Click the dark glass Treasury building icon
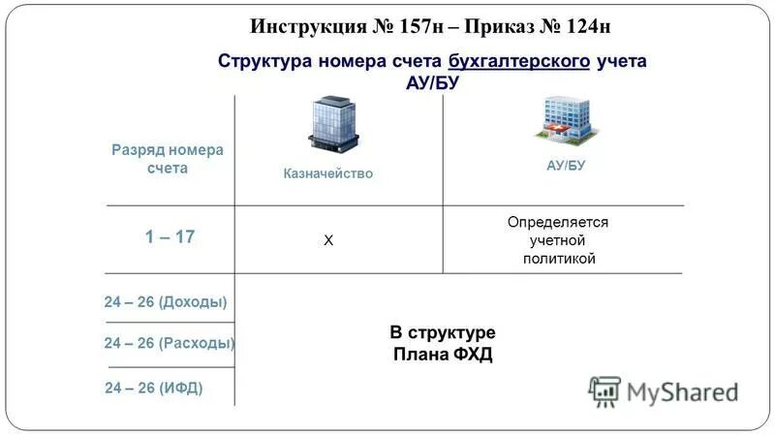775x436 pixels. point(332,124)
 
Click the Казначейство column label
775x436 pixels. point(327,173)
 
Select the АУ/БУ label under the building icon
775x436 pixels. point(566,166)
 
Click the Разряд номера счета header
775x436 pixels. point(167,159)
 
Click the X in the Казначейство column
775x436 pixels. point(327,240)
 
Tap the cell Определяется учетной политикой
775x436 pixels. point(558,240)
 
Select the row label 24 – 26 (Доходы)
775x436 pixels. point(166,302)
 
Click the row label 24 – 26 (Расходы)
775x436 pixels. point(170,343)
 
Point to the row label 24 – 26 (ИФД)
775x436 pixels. point(154,389)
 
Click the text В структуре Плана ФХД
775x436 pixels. point(443,343)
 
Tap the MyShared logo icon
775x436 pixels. point(604,390)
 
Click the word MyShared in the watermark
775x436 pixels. point(682,392)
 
